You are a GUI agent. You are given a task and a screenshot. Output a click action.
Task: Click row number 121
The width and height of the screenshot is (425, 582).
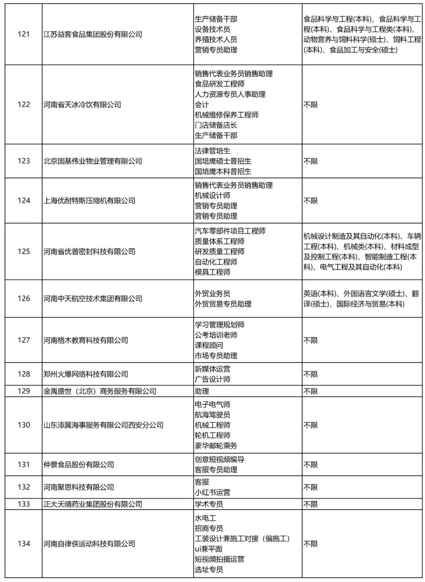pos(24,34)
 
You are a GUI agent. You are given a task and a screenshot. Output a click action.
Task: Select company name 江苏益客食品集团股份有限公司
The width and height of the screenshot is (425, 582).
pos(93,34)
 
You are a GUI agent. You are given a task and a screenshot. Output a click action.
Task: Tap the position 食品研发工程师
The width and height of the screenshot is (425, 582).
pos(220,84)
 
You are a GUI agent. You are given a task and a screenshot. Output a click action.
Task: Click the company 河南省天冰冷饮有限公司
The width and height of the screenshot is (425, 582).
pos(82,105)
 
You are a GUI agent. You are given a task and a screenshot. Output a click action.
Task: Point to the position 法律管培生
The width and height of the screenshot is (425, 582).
pos(213,151)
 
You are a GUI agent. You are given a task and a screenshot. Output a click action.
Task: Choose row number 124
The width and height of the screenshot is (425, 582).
pos(24,201)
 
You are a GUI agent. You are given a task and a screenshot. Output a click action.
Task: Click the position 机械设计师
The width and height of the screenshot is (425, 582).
pos(213,196)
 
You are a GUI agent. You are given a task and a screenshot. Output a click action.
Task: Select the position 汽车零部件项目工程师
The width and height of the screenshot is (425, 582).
pos(230,231)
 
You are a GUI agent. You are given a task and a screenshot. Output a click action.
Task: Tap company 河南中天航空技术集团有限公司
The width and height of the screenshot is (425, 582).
pos(93,299)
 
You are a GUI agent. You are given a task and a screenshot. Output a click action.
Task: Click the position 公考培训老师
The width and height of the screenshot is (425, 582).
pos(216,335)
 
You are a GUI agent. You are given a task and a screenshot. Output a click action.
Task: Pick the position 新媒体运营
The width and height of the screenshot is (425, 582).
pos(213,369)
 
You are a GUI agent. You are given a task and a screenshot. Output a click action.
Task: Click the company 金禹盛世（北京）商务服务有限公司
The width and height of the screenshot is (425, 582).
pos(100,391)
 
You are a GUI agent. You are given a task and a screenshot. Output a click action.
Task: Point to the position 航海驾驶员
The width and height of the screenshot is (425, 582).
pos(213,415)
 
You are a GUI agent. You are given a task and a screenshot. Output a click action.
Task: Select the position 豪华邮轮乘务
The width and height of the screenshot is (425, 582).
pos(216,445)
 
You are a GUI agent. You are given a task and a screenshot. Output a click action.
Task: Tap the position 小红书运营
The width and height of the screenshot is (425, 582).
pos(213,492)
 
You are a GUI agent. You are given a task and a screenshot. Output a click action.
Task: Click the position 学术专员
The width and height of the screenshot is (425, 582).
pos(209,504)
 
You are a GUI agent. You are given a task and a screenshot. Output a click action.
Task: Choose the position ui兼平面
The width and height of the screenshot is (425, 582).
pos(209,549)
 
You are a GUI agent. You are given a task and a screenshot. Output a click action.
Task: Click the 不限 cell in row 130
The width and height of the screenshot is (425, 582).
pos(310,425)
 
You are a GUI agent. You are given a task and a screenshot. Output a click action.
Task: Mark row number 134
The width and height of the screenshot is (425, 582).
pos(24,544)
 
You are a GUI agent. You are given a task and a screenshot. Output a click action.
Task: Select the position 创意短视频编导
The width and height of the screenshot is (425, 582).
pos(220,459)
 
